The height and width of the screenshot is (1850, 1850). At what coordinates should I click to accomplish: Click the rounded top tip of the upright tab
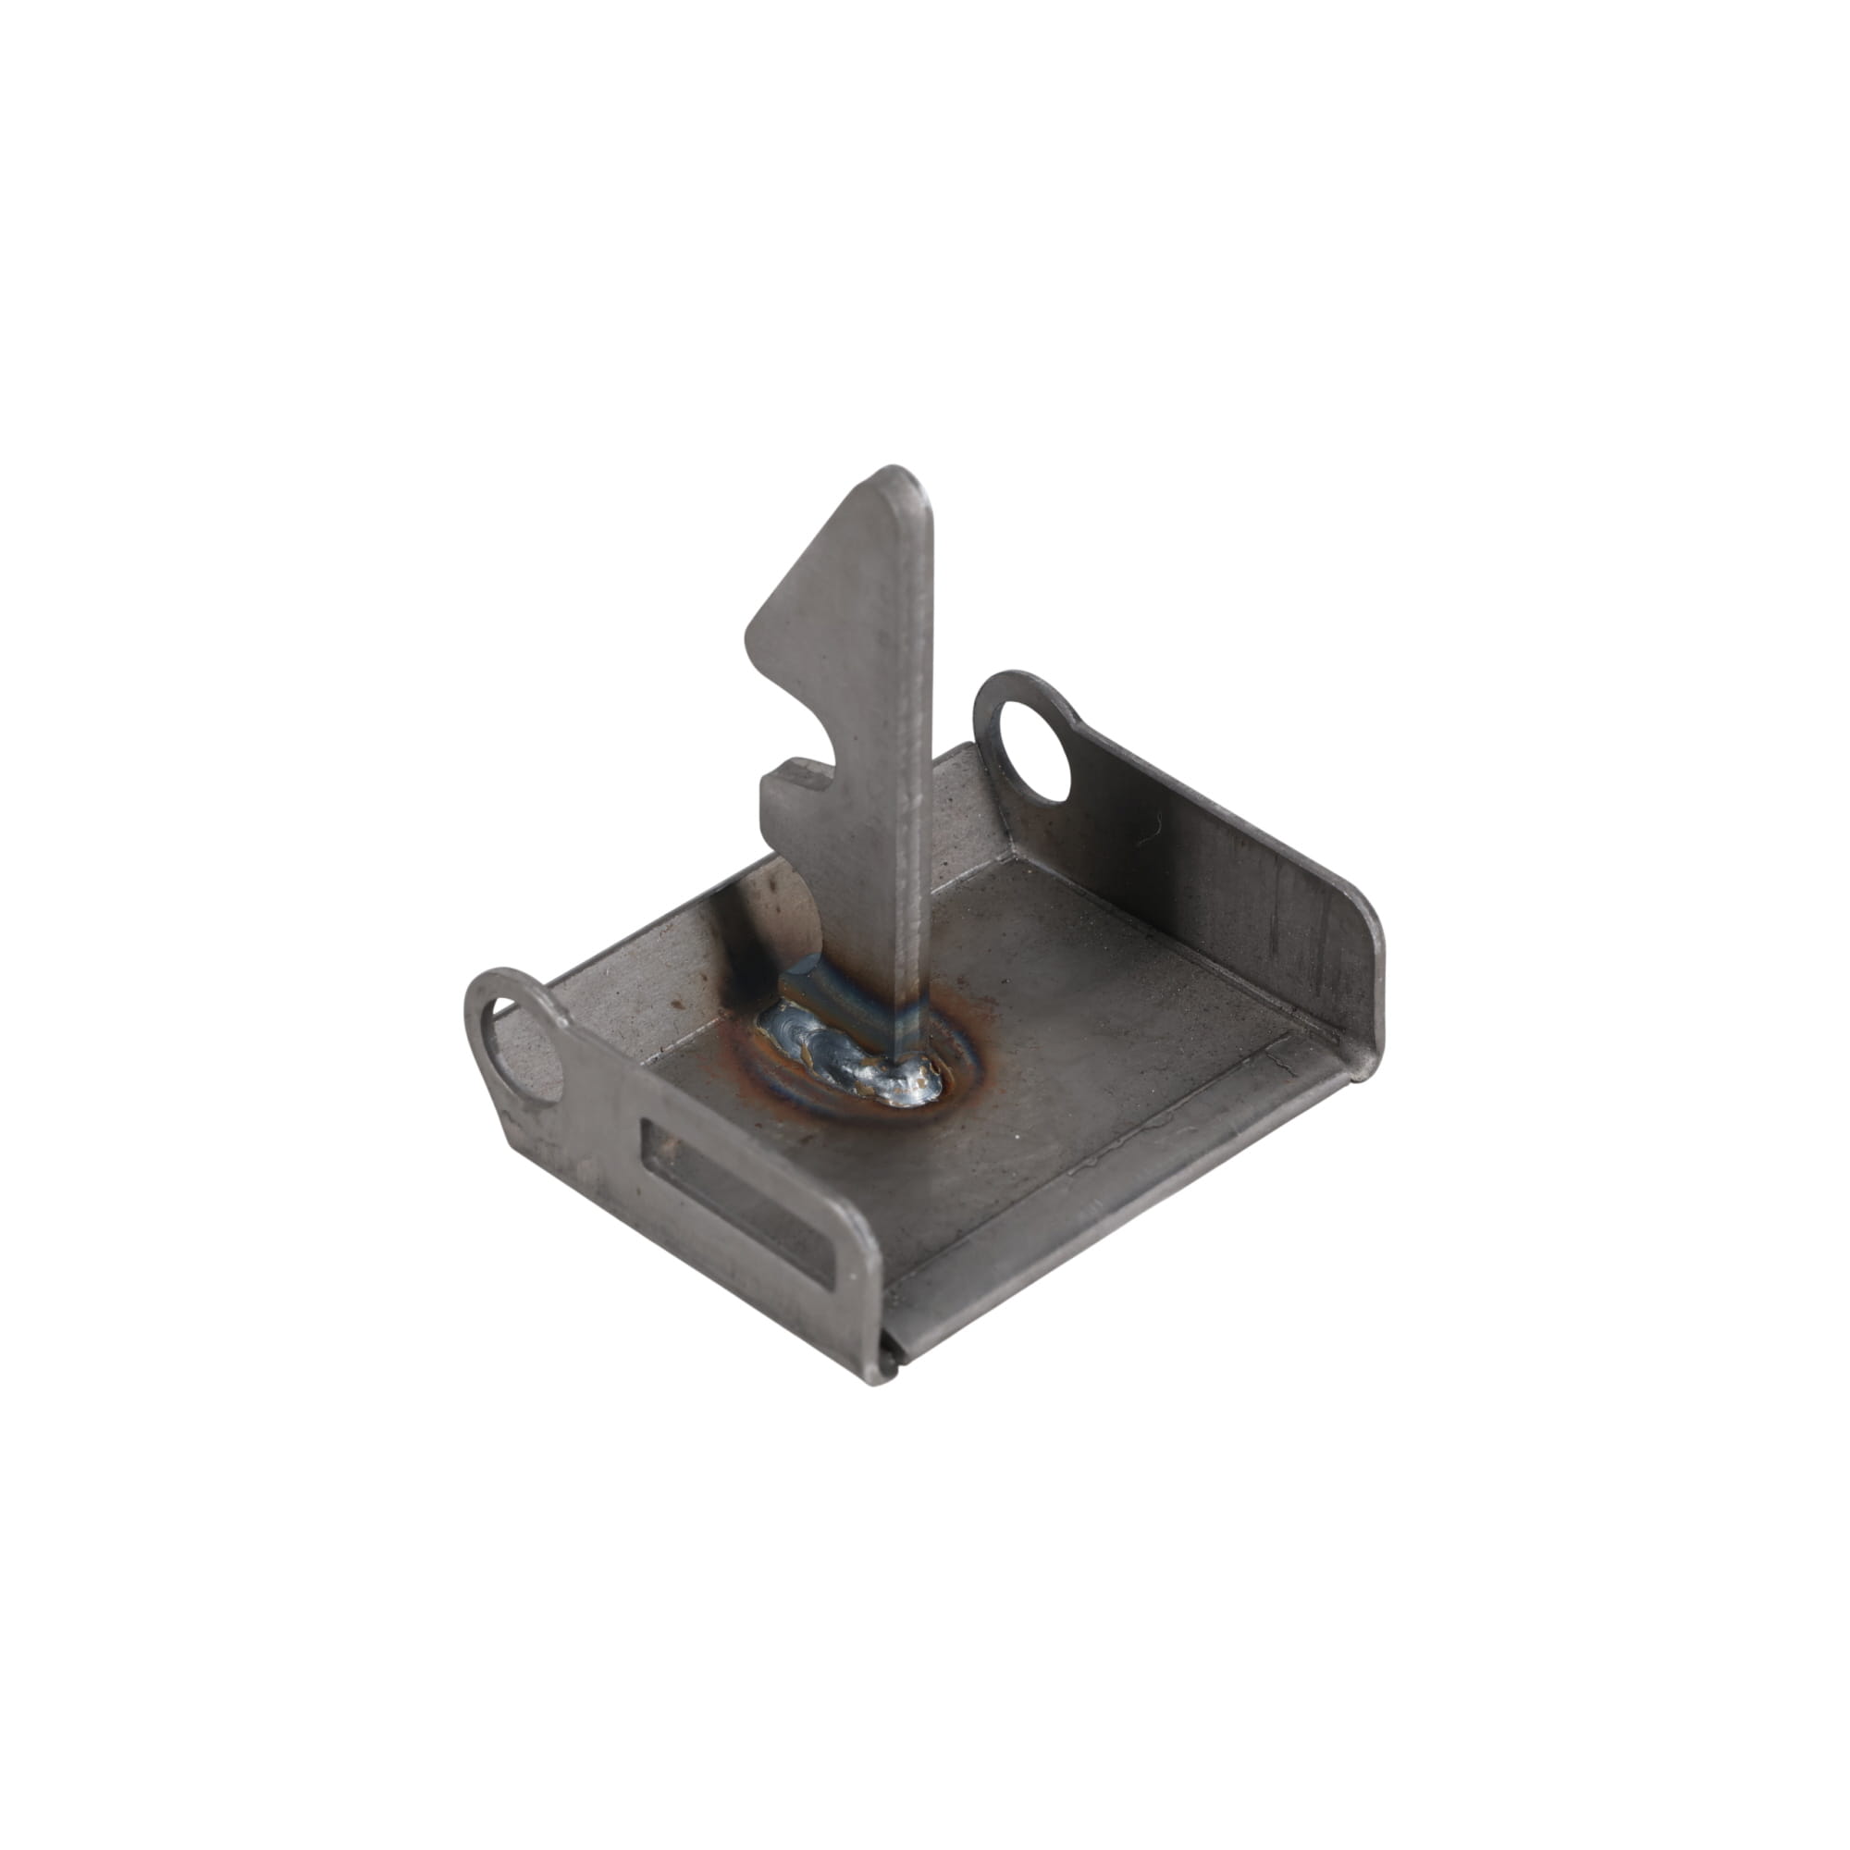click(895, 479)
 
